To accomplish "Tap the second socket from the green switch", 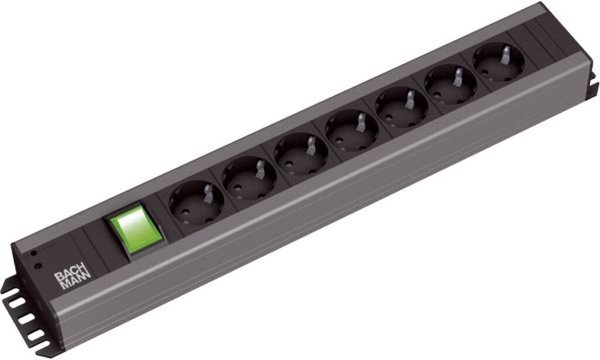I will click(244, 177).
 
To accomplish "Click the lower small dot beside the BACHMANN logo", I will click(37, 269).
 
